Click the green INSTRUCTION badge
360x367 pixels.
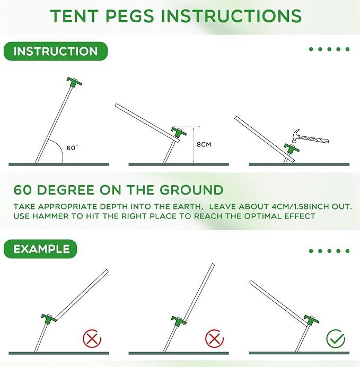pyautogui.click(x=55, y=51)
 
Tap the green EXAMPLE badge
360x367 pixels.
pyautogui.click(x=41, y=249)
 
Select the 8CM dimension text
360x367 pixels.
pyautogui.click(x=204, y=144)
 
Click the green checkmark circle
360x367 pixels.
pyautogui.click(x=335, y=337)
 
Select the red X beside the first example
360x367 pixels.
pyautogui.click(x=92, y=338)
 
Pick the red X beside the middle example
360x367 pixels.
pyautogui.click(x=214, y=338)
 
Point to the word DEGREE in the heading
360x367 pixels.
pyautogui.click(x=74, y=190)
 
